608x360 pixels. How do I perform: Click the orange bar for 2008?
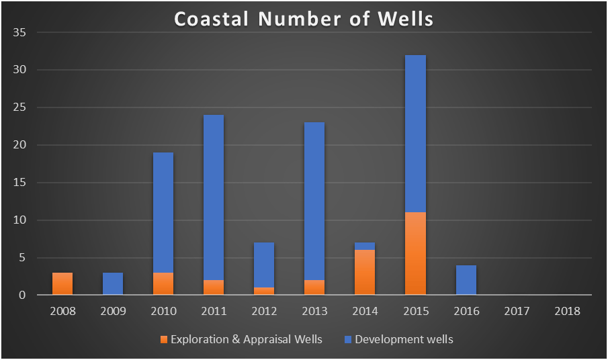click(x=62, y=283)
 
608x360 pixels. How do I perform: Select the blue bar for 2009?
click(x=113, y=283)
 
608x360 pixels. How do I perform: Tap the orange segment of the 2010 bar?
click(x=163, y=283)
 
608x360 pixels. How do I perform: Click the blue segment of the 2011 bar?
click(x=214, y=197)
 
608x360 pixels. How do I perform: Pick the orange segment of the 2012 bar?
click(x=264, y=291)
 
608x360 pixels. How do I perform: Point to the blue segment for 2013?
click(x=314, y=201)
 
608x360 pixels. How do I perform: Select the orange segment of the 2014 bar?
click(x=365, y=272)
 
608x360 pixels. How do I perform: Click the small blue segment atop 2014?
click(x=365, y=246)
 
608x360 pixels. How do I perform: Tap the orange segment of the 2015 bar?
click(x=415, y=254)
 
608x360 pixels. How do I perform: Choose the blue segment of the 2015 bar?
click(x=415, y=134)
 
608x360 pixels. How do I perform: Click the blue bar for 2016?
click(x=466, y=280)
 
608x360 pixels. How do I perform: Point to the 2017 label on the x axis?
click(x=517, y=312)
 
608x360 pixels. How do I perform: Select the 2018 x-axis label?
click(x=567, y=312)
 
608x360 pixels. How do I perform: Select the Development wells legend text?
click(x=404, y=340)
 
